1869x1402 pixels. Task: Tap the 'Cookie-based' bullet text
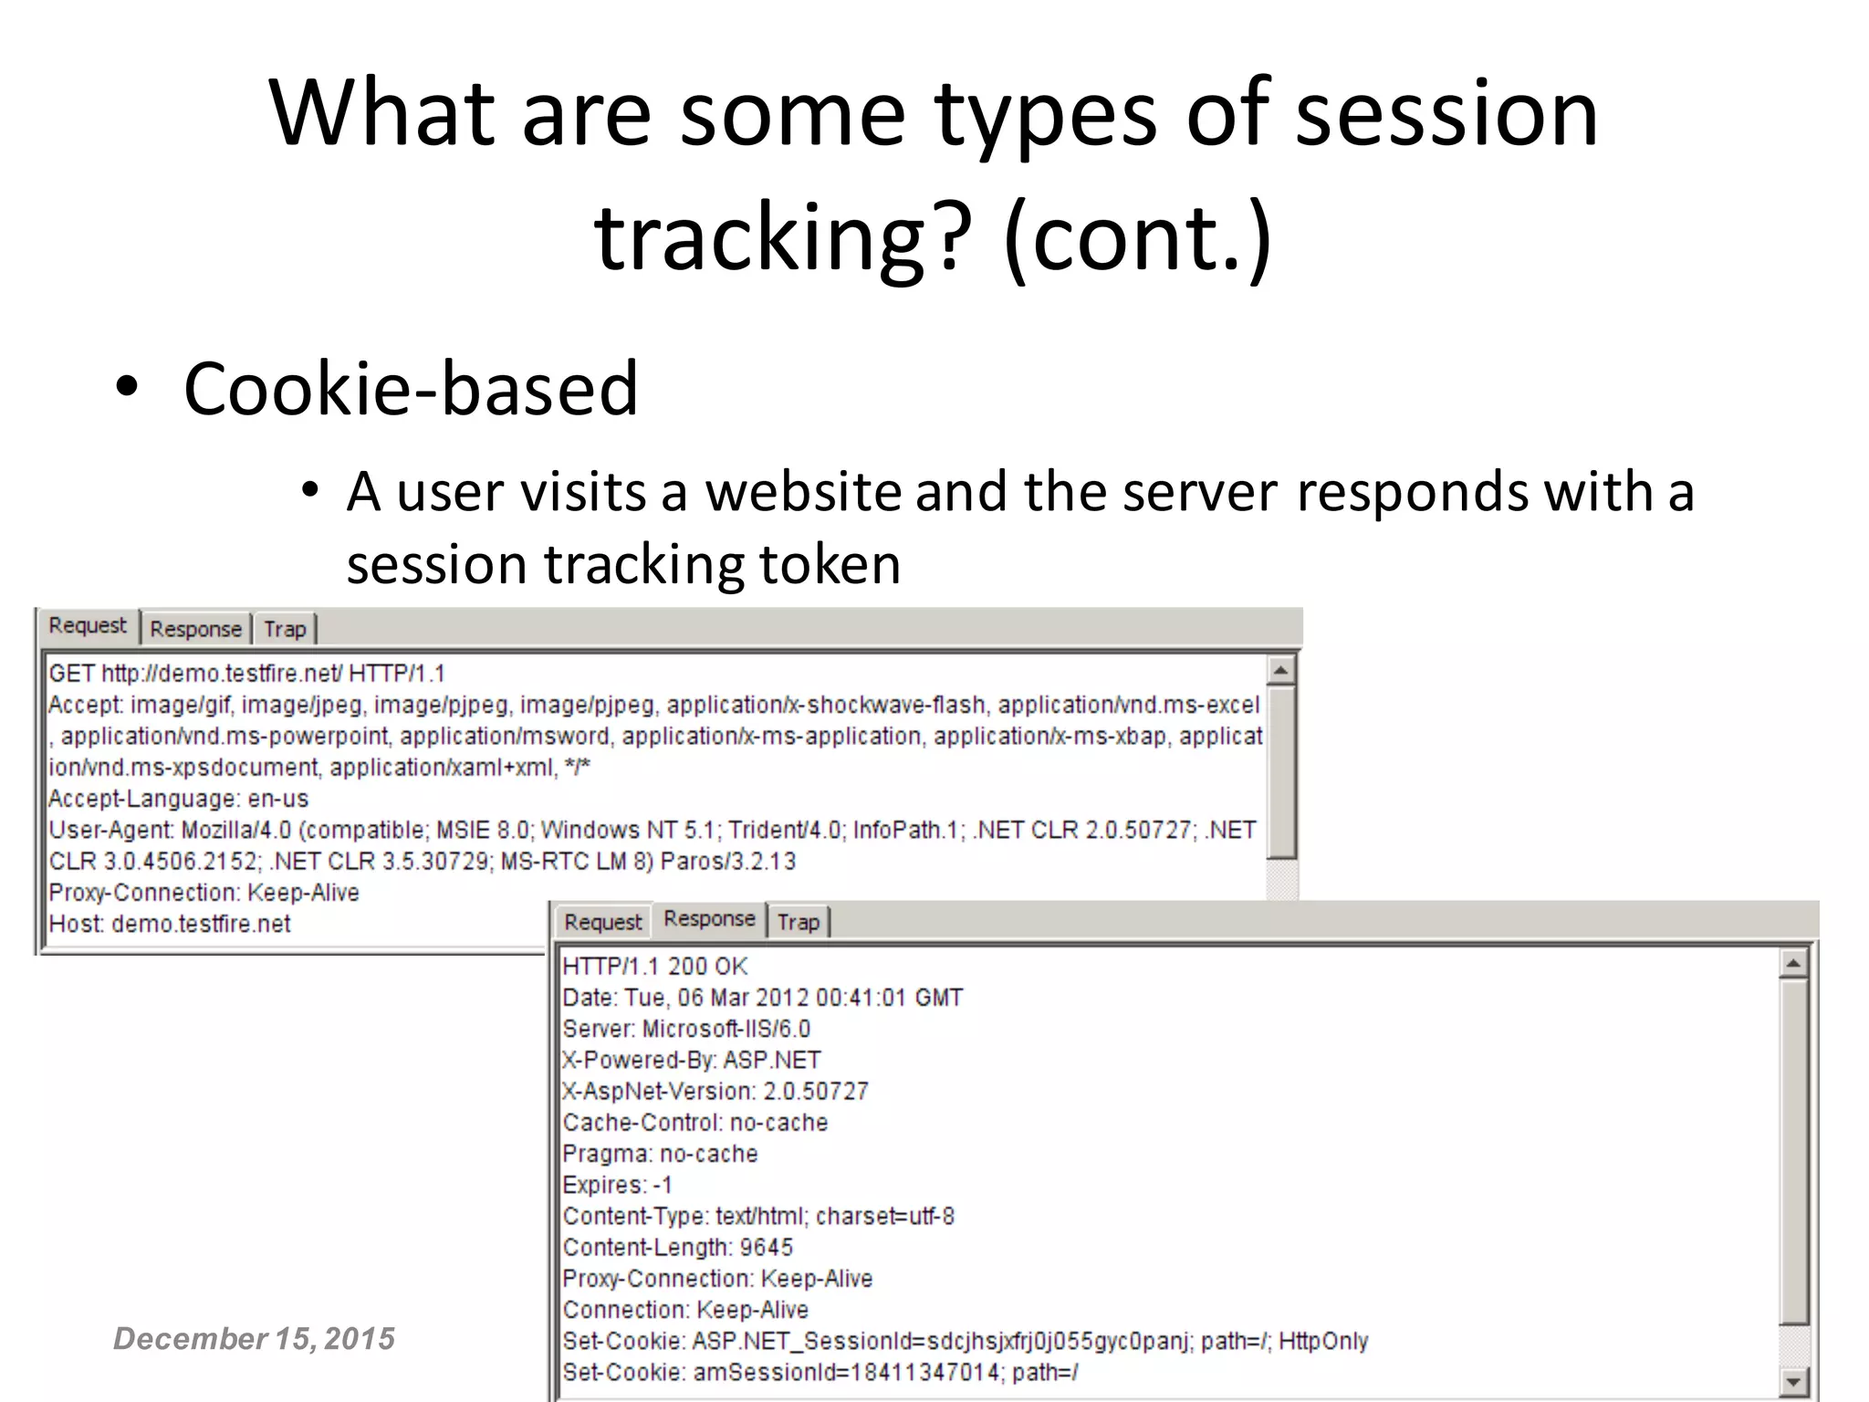point(410,388)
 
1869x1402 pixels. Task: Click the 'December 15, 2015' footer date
point(254,1338)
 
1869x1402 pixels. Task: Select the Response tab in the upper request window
point(195,629)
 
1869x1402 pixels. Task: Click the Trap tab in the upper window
point(285,629)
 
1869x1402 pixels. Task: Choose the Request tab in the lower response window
point(602,922)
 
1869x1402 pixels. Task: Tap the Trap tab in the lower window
point(799,922)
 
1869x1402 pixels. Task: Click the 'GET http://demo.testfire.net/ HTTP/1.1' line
point(246,674)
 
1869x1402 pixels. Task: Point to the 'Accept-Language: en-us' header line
point(178,799)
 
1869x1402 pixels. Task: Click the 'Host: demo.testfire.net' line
point(169,924)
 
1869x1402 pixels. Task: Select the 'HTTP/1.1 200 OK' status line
point(654,967)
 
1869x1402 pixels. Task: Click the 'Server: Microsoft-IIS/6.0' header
point(686,1029)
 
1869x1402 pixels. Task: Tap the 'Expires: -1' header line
point(617,1185)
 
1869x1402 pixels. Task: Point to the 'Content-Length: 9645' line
point(677,1247)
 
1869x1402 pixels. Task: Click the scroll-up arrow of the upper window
point(1280,671)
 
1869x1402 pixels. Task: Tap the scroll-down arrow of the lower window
point(1792,1382)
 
